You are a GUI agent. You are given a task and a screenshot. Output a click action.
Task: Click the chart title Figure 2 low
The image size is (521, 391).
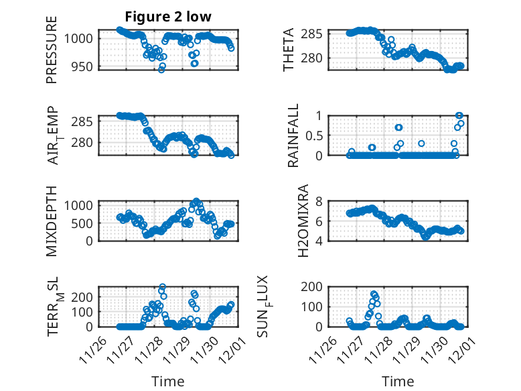[x=167, y=17]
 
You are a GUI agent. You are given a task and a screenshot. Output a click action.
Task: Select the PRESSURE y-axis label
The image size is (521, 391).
[x=52, y=49]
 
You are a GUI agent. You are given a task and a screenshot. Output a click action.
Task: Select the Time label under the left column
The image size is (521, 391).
[x=167, y=381]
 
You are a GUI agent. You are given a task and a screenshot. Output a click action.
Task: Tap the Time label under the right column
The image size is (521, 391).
[x=398, y=381]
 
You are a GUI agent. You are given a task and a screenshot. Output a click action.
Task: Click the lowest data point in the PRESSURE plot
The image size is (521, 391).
[x=161, y=69]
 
